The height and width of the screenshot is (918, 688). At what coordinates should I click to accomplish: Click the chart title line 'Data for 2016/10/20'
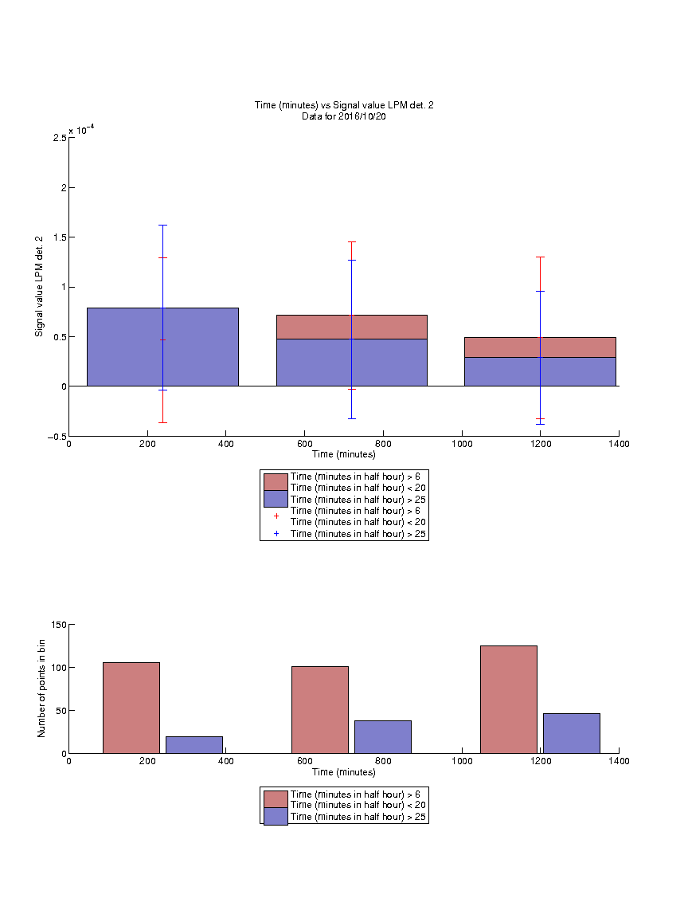[x=344, y=116]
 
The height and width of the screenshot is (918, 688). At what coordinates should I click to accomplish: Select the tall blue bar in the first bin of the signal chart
[x=162, y=347]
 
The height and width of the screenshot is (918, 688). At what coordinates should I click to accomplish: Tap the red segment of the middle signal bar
[x=352, y=328]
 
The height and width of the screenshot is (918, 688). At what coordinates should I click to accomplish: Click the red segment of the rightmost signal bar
[x=540, y=347]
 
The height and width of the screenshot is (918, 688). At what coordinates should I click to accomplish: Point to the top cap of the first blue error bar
[x=162, y=226]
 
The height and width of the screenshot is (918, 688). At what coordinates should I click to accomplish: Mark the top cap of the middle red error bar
[x=352, y=241]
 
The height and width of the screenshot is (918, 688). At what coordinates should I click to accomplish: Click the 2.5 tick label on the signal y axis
[x=60, y=138]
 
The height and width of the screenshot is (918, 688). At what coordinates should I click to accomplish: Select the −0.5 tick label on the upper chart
[x=57, y=437]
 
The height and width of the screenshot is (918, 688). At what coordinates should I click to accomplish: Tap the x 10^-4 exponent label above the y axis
[x=82, y=130]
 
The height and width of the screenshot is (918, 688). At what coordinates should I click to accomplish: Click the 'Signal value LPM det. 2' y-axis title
[x=39, y=286]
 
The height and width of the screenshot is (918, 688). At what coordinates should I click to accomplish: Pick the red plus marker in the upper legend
[x=276, y=516]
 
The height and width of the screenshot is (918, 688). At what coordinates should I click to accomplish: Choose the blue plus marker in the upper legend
[x=276, y=534]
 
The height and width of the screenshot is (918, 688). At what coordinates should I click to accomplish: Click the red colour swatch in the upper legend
[x=276, y=482]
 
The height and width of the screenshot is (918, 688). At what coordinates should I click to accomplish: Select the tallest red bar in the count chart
[x=508, y=700]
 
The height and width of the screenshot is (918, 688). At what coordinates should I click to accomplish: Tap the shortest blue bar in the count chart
[x=194, y=745]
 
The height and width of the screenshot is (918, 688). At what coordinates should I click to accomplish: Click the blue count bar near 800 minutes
[x=382, y=737]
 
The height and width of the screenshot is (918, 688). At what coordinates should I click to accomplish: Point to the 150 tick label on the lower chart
[x=59, y=625]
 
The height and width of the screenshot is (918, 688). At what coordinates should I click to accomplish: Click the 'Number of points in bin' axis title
[x=41, y=688]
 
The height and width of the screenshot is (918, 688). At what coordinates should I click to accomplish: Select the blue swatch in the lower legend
[x=276, y=817]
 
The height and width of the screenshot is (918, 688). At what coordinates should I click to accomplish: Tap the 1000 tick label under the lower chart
[x=462, y=761]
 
